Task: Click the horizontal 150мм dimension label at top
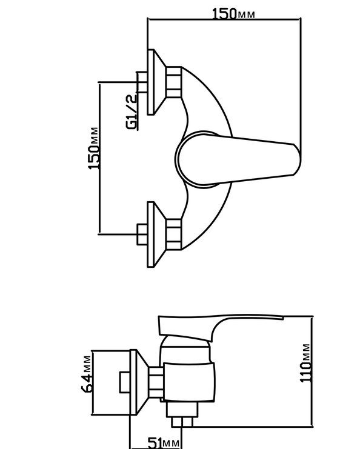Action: pos(233,13)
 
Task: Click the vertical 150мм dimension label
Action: pos(94,148)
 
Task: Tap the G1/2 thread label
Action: pos(132,112)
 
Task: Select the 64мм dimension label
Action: pos(87,374)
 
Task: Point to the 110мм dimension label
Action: pos(305,363)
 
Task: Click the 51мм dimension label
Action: pos(164,442)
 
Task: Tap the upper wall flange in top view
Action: pos(156,82)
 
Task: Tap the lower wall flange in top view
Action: pos(156,234)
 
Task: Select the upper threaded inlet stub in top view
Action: pos(142,82)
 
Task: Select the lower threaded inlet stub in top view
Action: pos(142,234)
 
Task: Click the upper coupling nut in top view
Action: pos(173,82)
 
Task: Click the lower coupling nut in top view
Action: pos(173,234)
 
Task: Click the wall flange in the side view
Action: pos(139,382)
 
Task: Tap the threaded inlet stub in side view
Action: pos(125,382)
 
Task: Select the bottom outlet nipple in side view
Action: pos(182,422)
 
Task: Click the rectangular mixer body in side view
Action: pos(189,382)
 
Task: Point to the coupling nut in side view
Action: pos(156,382)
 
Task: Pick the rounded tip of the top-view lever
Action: pos(298,159)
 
